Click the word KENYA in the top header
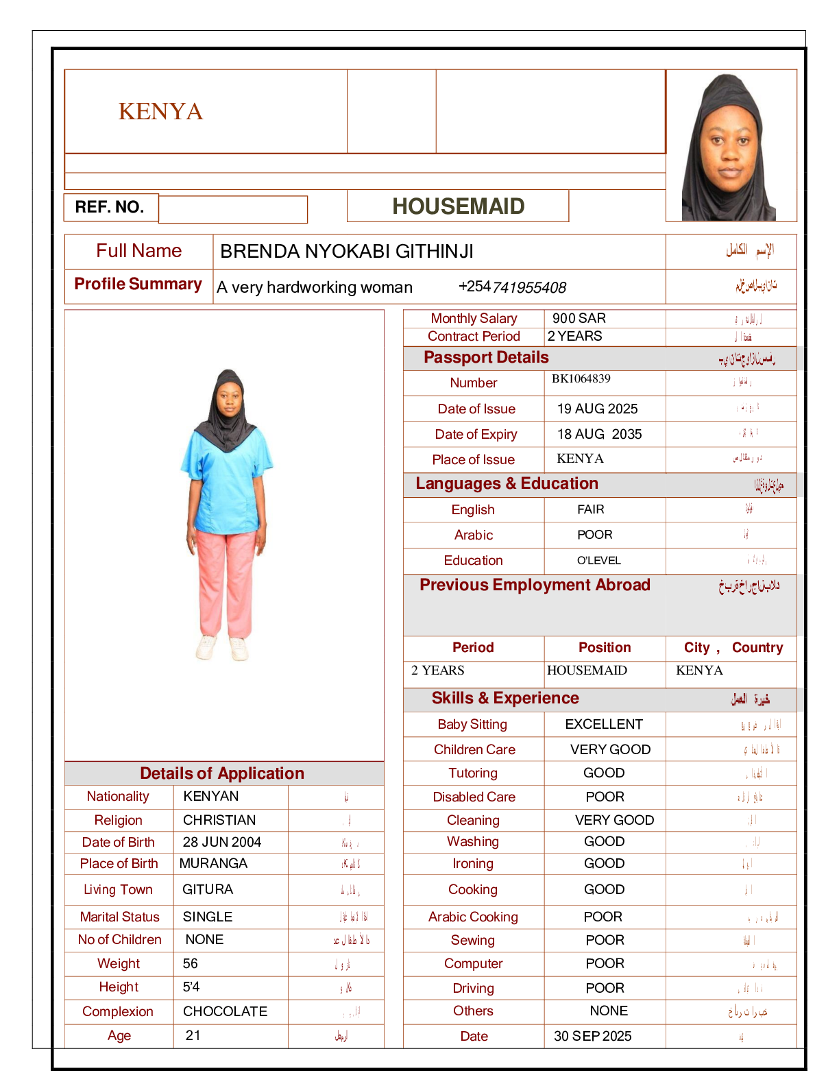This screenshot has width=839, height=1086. [x=160, y=111]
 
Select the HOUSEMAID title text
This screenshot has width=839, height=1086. [x=458, y=206]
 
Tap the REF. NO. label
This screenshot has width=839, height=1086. [x=110, y=207]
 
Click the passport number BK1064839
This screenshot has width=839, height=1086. [x=581, y=378]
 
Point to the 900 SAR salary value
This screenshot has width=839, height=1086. [x=579, y=318]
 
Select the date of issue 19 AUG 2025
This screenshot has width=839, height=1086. [x=597, y=409]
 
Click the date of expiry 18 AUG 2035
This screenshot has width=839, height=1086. [x=599, y=434]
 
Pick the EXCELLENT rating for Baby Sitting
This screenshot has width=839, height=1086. [x=604, y=724]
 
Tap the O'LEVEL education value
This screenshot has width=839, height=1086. [x=598, y=560]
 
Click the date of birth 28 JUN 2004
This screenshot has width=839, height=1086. [x=221, y=842]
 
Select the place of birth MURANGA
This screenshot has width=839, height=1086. [x=213, y=863]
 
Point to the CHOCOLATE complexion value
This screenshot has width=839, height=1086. [x=225, y=1011]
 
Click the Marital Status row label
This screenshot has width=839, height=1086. [x=119, y=917]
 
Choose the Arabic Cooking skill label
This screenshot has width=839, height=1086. [x=473, y=917]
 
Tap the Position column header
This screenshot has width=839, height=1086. [x=605, y=647]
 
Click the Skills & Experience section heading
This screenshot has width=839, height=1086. [x=505, y=698]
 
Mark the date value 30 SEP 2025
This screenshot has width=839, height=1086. [x=592, y=1036]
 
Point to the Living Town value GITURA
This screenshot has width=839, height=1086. [x=208, y=889]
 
